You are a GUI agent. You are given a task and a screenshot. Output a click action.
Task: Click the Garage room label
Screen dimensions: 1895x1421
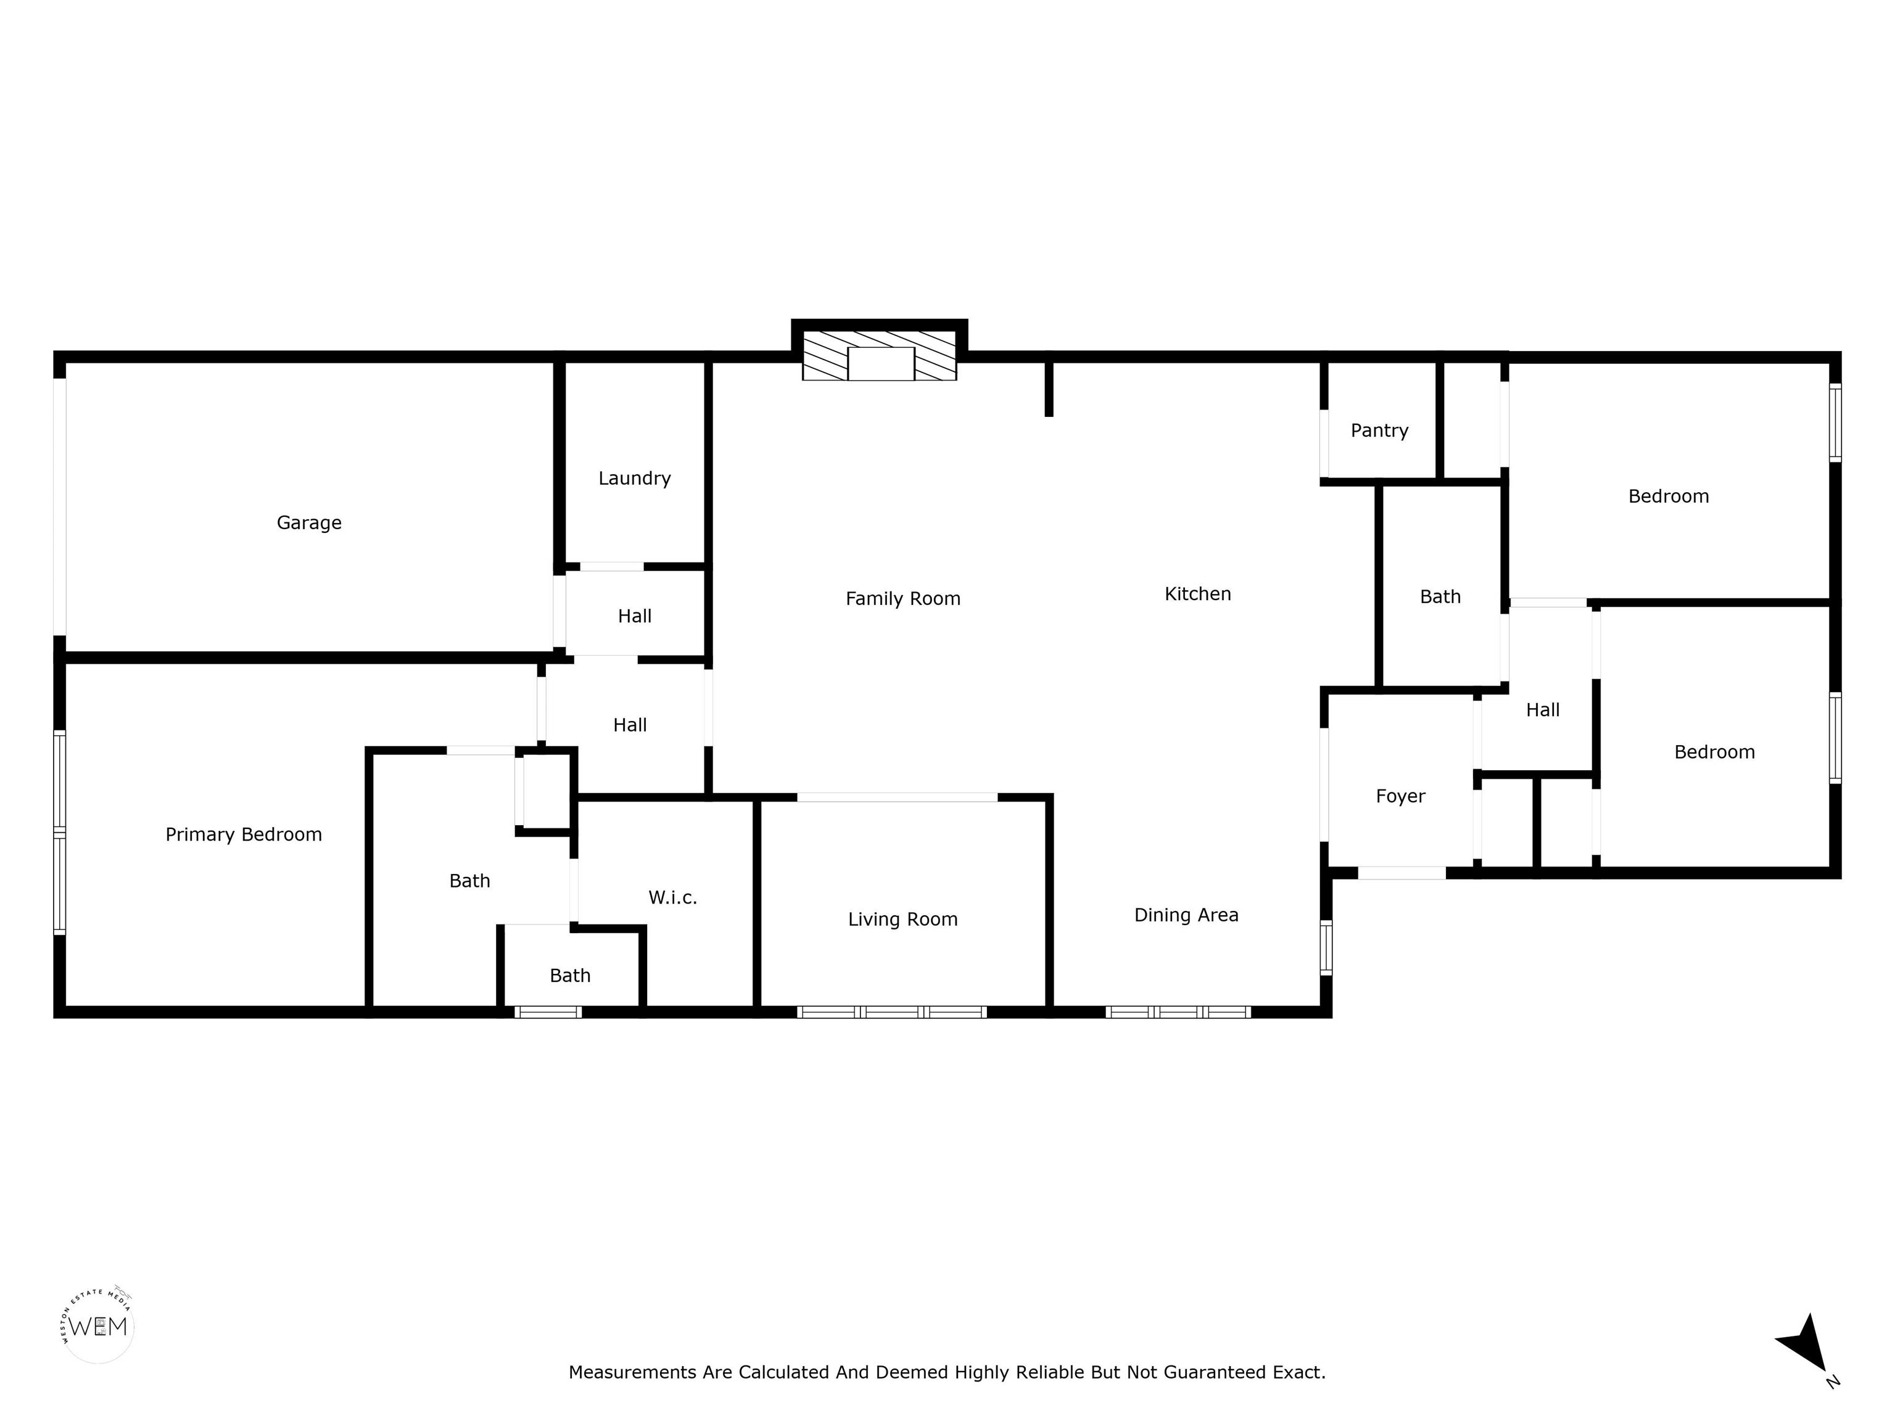tap(308, 522)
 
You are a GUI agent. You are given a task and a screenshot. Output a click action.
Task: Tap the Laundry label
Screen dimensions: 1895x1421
tap(634, 479)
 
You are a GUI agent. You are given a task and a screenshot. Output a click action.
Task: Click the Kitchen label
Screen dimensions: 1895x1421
tap(1198, 593)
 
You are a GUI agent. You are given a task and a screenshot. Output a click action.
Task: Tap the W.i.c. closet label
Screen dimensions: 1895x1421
tap(672, 897)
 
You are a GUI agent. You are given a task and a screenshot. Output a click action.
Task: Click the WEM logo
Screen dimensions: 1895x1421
tap(99, 1327)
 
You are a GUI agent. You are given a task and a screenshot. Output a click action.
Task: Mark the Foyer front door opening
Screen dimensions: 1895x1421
tap(1402, 873)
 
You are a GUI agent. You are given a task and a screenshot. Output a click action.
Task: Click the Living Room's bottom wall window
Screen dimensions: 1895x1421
tap(892, 1011)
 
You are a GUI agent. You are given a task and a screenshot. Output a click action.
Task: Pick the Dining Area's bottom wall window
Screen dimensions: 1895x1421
tap(1178, 1011)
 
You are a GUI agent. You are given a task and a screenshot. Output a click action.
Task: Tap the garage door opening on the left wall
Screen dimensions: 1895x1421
tap(60, 507)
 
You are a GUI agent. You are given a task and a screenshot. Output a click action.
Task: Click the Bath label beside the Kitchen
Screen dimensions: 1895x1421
tap(1440, 597)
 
